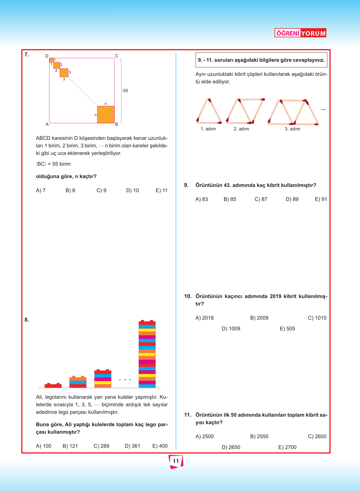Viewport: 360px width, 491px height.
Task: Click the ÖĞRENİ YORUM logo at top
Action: point(300,33)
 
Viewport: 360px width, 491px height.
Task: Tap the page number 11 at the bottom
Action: point(176,461)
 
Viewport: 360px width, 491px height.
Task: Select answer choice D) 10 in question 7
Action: point(133,190)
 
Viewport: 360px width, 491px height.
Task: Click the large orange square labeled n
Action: point(106,114)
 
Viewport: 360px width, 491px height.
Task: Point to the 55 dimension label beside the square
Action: point(126,91)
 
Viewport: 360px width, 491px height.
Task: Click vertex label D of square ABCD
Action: point(47,56)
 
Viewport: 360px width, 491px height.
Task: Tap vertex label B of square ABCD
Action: point(117,124)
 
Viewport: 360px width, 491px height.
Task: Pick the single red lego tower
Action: point(53,385)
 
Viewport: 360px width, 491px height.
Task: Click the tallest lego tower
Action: point(147,354)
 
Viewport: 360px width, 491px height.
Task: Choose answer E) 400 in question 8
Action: point(160,446)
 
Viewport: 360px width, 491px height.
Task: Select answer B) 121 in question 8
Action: point(70,446)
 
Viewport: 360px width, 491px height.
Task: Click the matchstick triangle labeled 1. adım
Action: point(209,111)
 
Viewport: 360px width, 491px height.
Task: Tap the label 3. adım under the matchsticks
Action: point(292,129)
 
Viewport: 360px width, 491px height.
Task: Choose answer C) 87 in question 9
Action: point(261,199)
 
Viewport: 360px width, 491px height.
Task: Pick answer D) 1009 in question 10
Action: point(231,329)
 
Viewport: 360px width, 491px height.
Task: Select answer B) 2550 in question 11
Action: point(259,436)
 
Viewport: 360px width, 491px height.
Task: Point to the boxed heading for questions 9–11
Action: point(261,60)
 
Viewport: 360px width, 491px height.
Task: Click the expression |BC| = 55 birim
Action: point(54,164)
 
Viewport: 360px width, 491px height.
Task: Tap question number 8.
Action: point(27,320)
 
